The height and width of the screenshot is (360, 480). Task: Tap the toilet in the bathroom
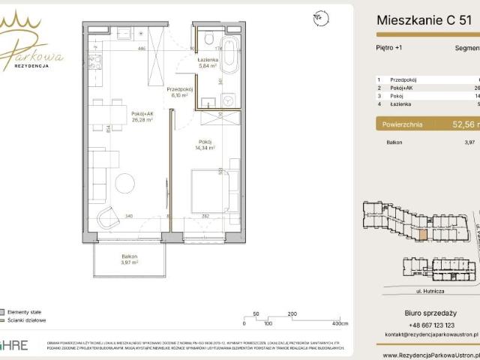point(208,38)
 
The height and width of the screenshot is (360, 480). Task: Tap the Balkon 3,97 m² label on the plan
point(129,259)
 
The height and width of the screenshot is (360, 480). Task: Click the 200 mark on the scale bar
point(292,313)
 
